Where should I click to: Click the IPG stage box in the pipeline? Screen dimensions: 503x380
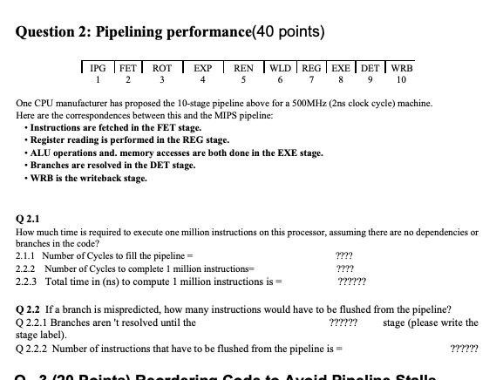[99, 66]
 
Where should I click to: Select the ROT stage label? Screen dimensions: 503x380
[162, 66]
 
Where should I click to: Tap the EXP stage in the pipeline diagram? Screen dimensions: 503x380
[203, 66]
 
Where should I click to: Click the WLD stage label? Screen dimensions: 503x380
[282, 66]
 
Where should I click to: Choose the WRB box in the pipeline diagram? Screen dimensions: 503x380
[402, 66]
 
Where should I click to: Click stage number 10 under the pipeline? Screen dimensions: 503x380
[402, 79]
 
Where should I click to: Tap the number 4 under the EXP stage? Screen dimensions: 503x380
[203, 79]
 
